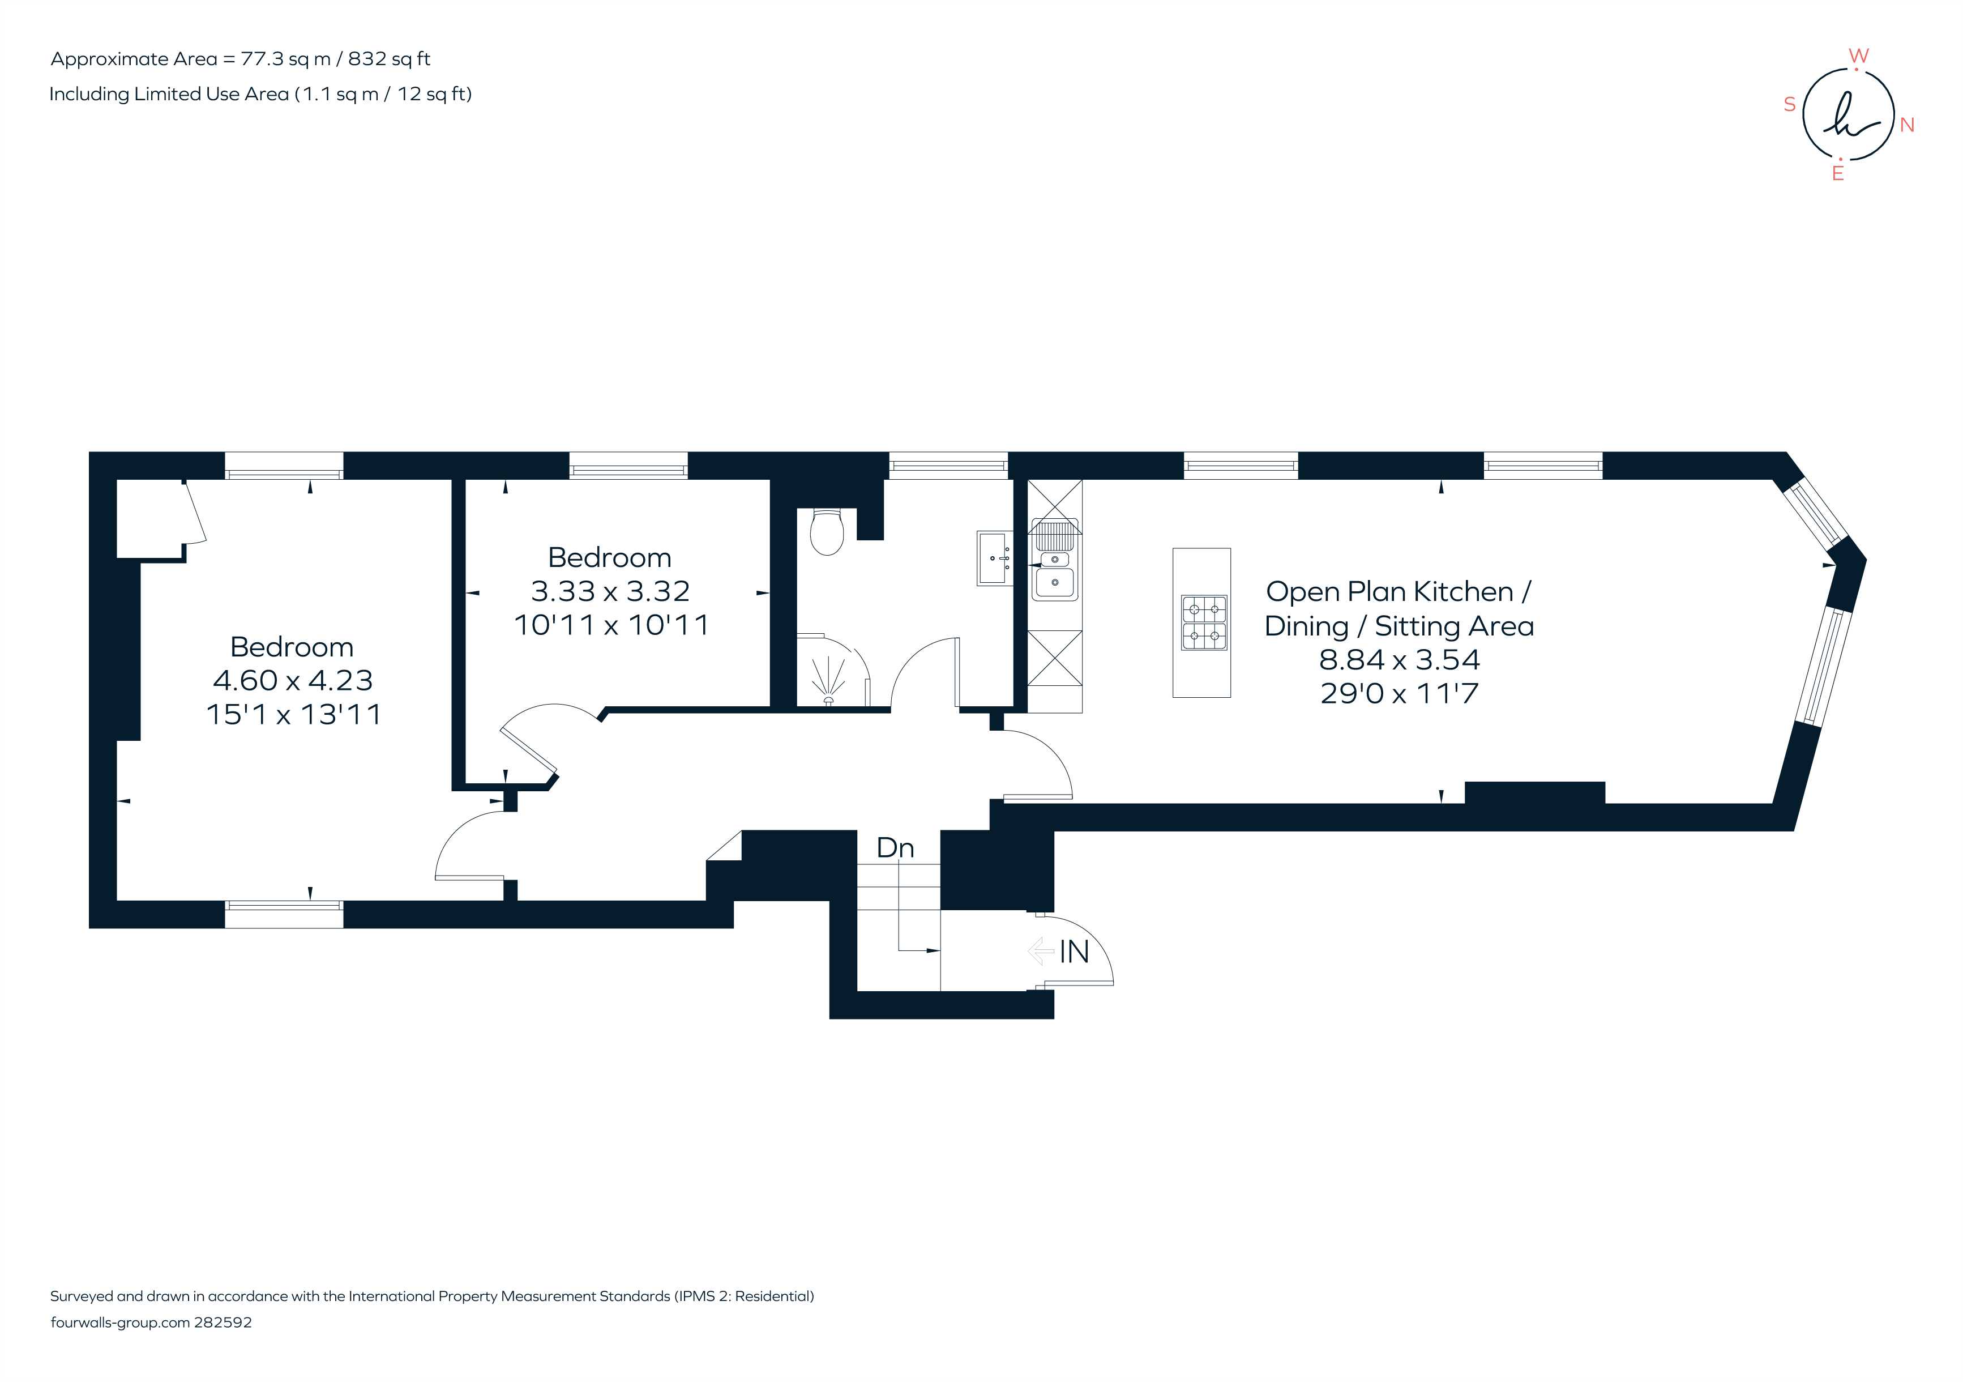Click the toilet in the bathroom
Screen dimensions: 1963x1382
827,532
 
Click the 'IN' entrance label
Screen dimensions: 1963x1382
1074,952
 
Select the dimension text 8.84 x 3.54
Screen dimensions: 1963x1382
1399,659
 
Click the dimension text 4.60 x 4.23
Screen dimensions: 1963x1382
292,681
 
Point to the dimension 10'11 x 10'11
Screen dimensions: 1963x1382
611,625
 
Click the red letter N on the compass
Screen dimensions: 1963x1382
1906,125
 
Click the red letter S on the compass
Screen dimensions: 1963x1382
1789,104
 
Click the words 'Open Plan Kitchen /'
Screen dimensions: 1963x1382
1398,592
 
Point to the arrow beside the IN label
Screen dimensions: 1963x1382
1040,950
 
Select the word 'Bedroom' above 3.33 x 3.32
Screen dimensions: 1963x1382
610,557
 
